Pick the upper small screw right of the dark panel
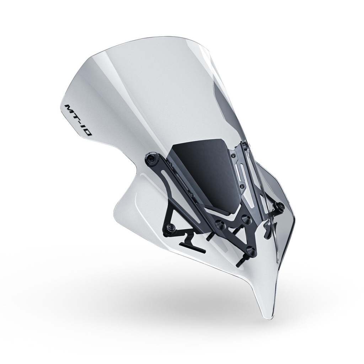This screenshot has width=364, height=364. tap(233, 155)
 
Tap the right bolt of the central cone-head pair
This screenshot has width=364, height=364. tap(245, 217)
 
